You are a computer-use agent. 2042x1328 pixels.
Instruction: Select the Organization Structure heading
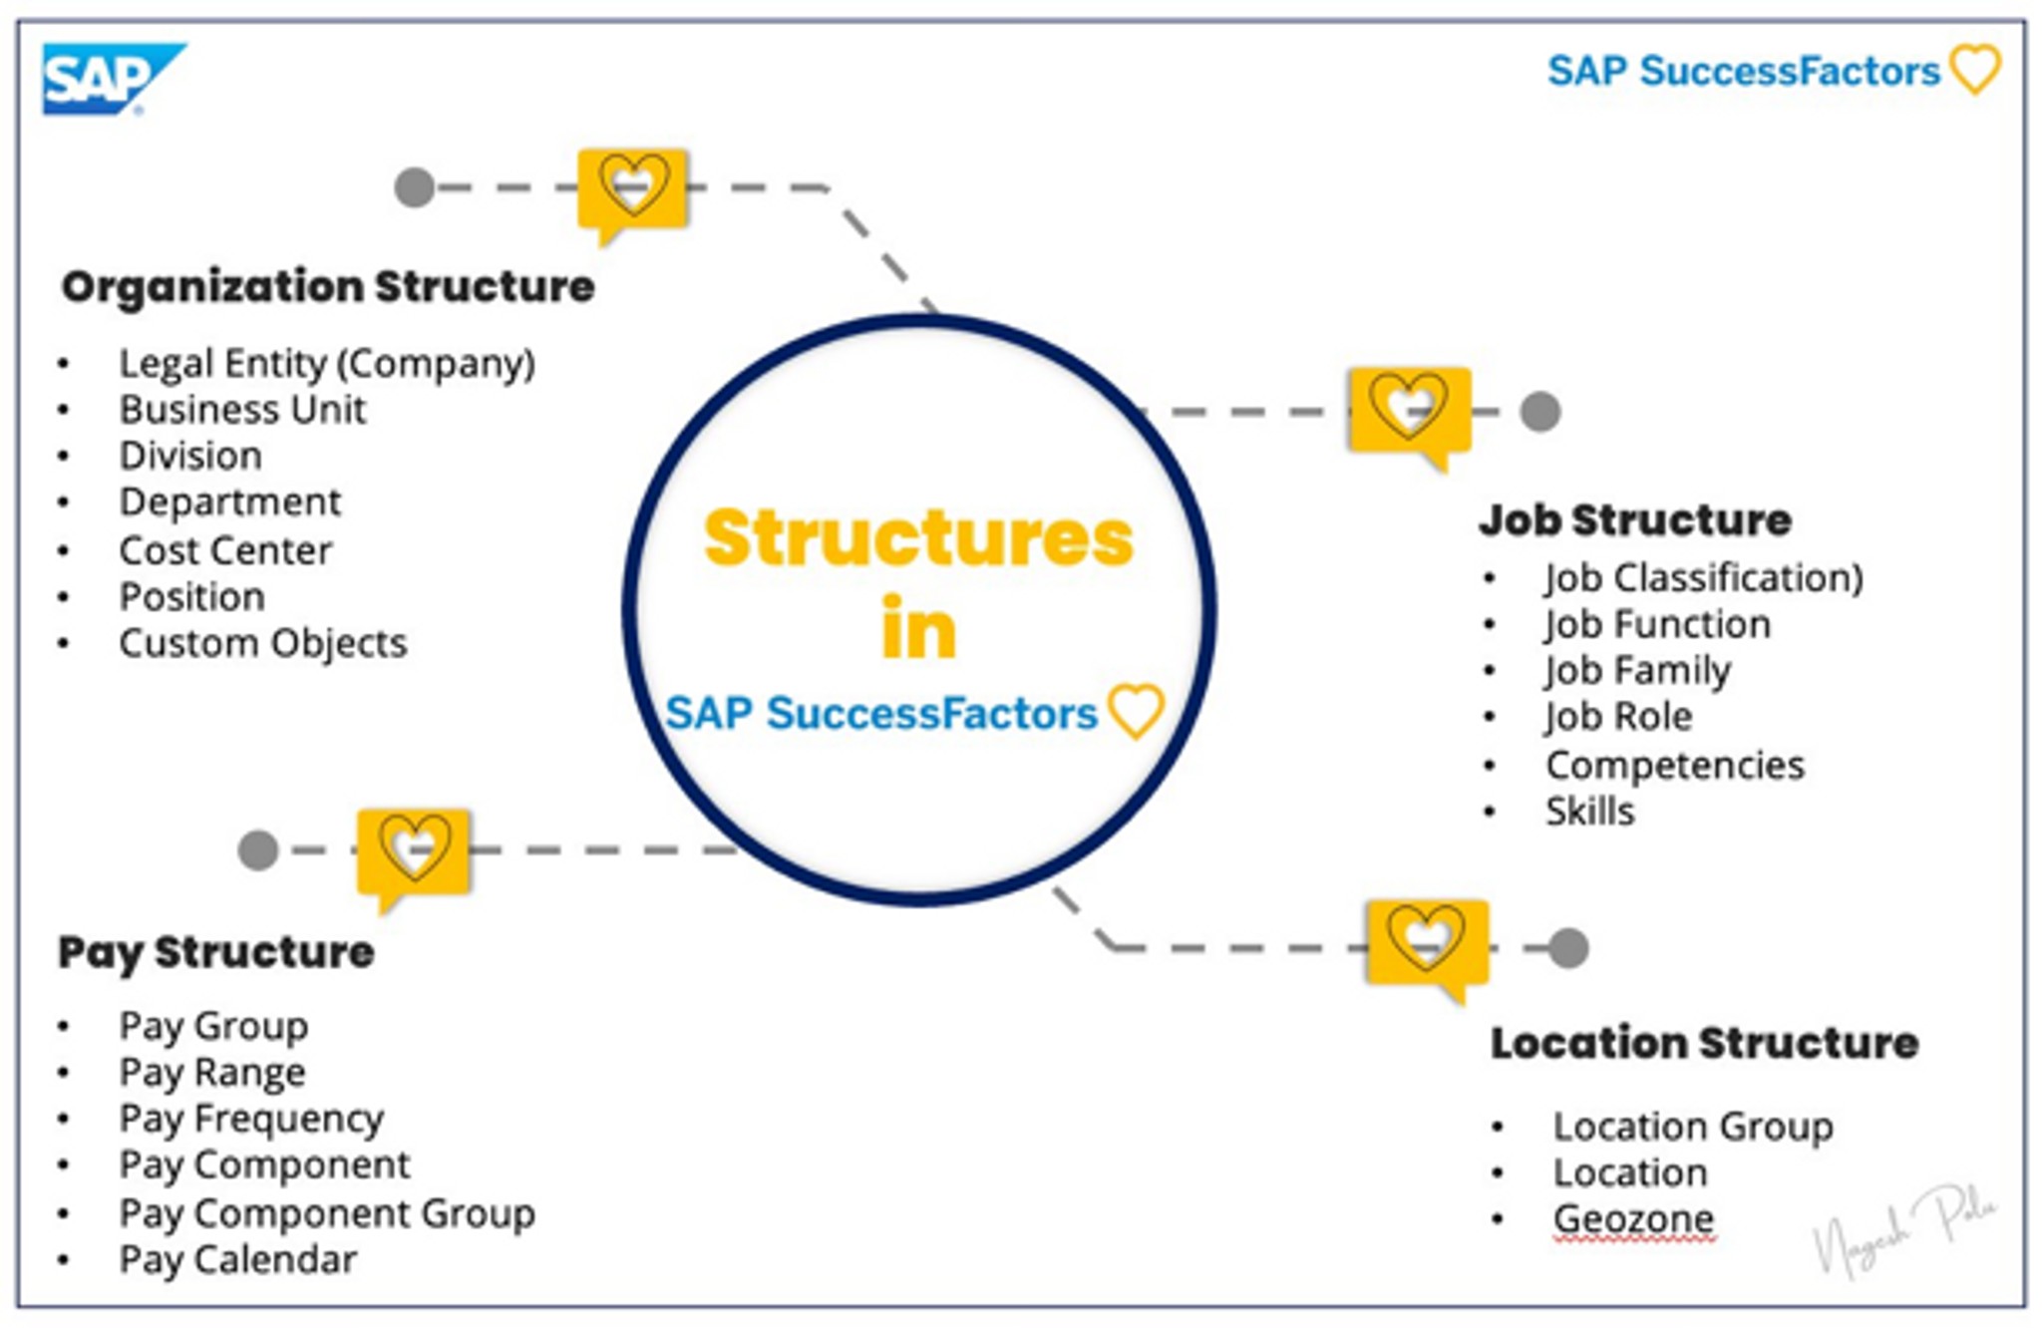click(x=328, y=287)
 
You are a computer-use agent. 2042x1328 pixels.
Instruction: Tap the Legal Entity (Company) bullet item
click(x=327, y=364)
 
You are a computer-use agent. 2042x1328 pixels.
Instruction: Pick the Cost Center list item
click(x=225, y=550)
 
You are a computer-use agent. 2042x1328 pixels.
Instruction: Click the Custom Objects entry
click(x=263, y=643)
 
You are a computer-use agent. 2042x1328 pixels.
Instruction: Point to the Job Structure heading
click(x=1635, y=520)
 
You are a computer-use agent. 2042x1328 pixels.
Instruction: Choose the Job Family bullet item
click(x=1638, y=671)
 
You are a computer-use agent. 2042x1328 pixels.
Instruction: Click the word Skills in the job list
click(x=1590, y=812)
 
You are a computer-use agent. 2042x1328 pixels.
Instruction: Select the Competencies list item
click(x=1675, y=766)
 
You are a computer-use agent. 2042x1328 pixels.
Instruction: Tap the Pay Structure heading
click(x=216, y=952)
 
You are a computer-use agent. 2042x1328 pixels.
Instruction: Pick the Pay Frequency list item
click(x=251, y=1119)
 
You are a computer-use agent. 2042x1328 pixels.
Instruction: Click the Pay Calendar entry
click(x=238, y=1260)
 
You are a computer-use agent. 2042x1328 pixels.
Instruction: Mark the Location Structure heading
click(x=1704, y=1043)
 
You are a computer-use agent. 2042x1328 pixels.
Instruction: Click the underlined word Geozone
click(x=1633, y=1219)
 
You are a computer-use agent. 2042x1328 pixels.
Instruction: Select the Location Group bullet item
click(x=1693, y=1127)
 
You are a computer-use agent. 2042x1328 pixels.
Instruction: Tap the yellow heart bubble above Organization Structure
click(x=632, y=188)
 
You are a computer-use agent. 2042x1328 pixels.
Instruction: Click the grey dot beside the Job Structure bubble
click(x=1540, y=412)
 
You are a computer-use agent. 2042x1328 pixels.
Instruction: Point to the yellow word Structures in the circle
click(x=918, y=538)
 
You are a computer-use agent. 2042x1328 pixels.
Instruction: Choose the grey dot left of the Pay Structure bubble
click(x=258, y=850)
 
